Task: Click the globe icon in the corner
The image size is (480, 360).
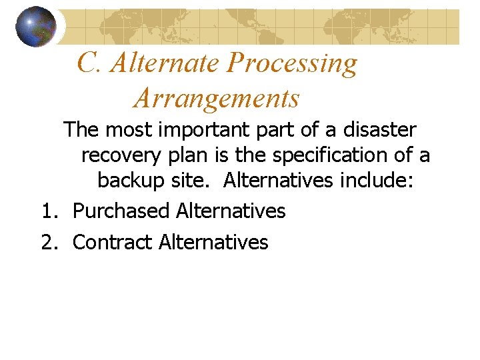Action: click(x=36, y=27)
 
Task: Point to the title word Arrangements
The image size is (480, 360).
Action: click(x=217, y=99)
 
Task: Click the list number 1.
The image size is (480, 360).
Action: click(x=49, y=211)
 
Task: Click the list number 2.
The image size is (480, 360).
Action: click(x=49, y=242)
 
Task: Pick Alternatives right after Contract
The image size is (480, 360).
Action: click(x=213, y=242)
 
